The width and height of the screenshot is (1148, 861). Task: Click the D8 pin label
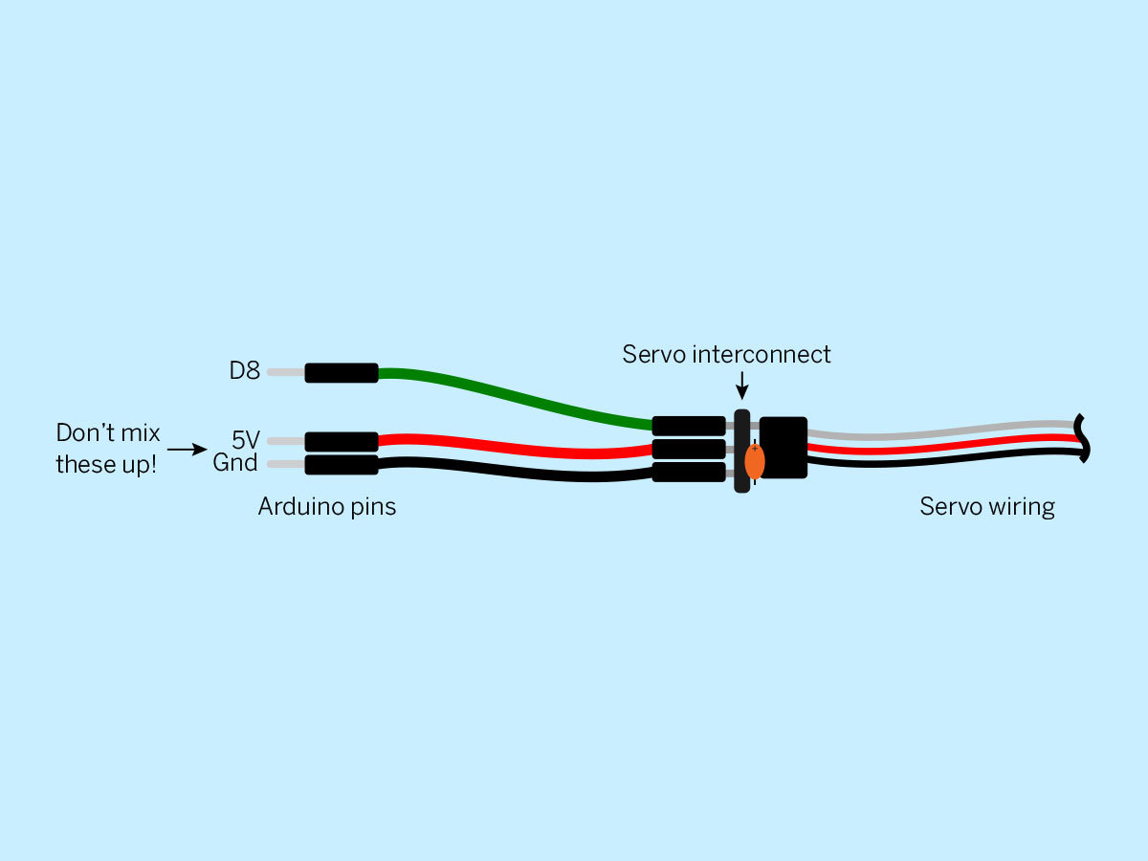244,370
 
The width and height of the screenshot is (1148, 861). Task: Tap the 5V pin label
245,440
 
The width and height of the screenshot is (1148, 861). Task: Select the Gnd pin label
235,463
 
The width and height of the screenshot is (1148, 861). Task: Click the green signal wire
515,399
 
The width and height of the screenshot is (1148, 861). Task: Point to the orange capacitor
754,461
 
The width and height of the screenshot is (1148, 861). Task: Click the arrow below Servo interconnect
741,386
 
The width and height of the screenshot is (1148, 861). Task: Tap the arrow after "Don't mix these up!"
188,449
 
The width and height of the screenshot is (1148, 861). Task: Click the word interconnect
762,354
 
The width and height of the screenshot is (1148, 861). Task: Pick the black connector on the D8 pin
342,373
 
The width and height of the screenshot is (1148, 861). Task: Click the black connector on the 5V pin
342,442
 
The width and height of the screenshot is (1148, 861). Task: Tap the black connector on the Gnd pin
342,465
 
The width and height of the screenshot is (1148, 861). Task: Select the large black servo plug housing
784,448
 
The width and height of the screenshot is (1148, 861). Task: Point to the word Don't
82,432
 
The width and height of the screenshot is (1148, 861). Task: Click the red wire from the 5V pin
515,446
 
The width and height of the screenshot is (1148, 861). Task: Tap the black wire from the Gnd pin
515,471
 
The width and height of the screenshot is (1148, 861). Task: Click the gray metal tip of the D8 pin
286,372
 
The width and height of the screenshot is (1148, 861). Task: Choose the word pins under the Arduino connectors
373,508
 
